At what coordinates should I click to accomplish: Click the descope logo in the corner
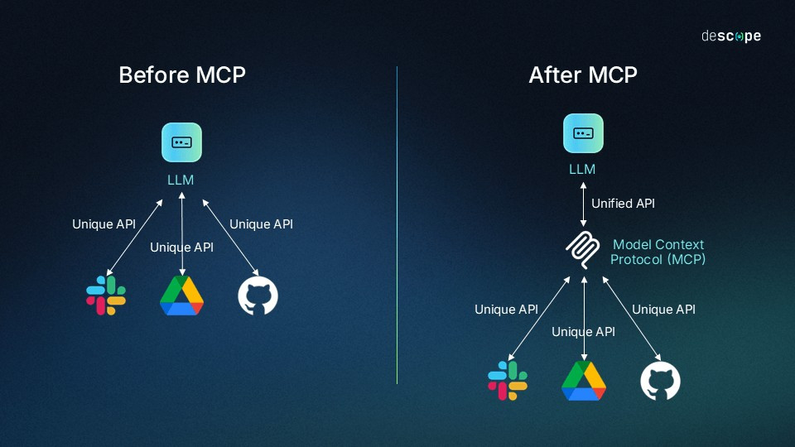coord(730,36)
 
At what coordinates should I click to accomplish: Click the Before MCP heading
coord(182,75)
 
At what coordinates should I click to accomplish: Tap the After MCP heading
coord(583,75)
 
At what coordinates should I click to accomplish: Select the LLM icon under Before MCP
coord(181,142)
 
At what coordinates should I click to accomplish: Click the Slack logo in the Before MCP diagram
coord(106,296)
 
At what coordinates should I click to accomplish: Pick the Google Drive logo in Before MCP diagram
coord(181,296)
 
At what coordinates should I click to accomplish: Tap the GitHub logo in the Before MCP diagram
coord(258,296)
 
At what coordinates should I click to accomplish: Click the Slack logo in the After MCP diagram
coord(508,380)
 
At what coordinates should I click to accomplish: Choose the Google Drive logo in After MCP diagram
coord(584,380)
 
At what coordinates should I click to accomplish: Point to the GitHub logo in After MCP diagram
coord(661,381)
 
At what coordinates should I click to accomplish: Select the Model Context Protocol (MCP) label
coord(658,252)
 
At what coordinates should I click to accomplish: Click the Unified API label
coord(623,203)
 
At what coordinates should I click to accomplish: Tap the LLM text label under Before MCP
coord(181,180)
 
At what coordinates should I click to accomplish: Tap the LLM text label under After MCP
coord(582,170)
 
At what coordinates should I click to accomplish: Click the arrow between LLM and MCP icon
coord(583,204)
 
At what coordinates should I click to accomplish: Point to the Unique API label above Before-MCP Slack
coord(104,223)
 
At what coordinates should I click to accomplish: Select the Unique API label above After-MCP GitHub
coord(663,309)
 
